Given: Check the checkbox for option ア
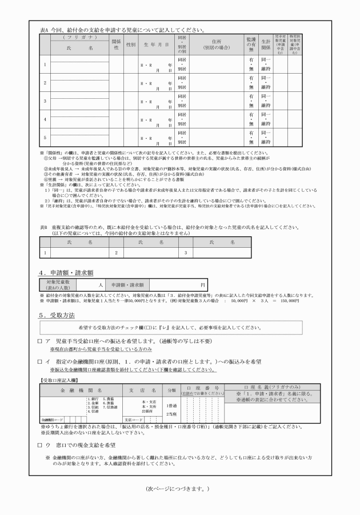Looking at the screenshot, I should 39,340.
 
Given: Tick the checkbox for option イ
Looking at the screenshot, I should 39,362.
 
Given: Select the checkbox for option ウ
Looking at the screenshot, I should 39,444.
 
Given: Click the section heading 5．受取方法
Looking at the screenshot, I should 57,315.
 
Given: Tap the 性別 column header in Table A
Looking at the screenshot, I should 130,45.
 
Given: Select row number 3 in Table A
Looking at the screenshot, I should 45,101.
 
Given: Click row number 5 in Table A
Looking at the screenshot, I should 45,138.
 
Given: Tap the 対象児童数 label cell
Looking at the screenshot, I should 57,284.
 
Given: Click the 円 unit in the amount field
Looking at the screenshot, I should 202,284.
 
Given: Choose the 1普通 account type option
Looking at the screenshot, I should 171,405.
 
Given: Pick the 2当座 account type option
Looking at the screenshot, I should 171,413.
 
